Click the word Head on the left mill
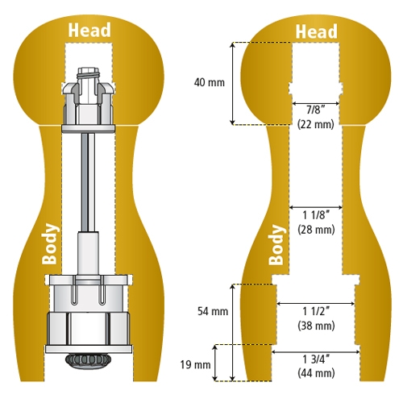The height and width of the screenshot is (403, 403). click(x=89, y=31)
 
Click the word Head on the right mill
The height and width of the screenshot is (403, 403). click(x=315, y=31)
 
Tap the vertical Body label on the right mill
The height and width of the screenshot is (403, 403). click(x=276, y=245)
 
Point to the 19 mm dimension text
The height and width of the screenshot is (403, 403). click(x=197, y=364)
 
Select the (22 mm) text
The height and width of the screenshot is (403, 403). click(x=315, y=124)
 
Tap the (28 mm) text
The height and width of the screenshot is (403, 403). click(x=315, y=230)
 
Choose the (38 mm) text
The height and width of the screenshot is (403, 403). click(x=315, y=326)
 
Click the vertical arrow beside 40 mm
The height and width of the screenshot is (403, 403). click(x=233, y=83)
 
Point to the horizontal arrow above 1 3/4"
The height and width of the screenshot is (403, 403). click(x=315, y=351)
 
